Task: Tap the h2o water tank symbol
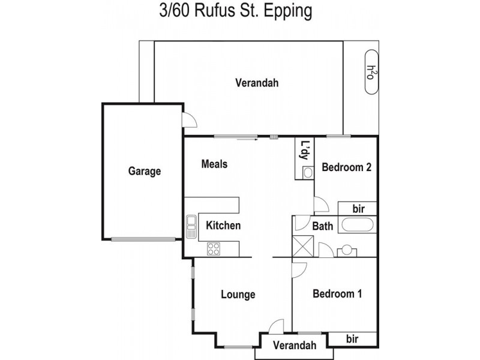point(372,73)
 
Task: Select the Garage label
point(145,171)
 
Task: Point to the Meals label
point(214,164)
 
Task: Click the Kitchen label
point(223,226)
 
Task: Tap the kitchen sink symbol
point(191,226)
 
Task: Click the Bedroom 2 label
point(346,167)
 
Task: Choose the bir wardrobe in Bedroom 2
point(358,208)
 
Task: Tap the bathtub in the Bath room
point(358,226)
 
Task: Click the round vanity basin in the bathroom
point(347,250)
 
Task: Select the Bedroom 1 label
point(337,294)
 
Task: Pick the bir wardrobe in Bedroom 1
point(353,339)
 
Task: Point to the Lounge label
point(238,295)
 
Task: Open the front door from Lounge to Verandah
point(275,328)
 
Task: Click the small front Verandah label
point(294,345)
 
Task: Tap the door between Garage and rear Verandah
point(189,120)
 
